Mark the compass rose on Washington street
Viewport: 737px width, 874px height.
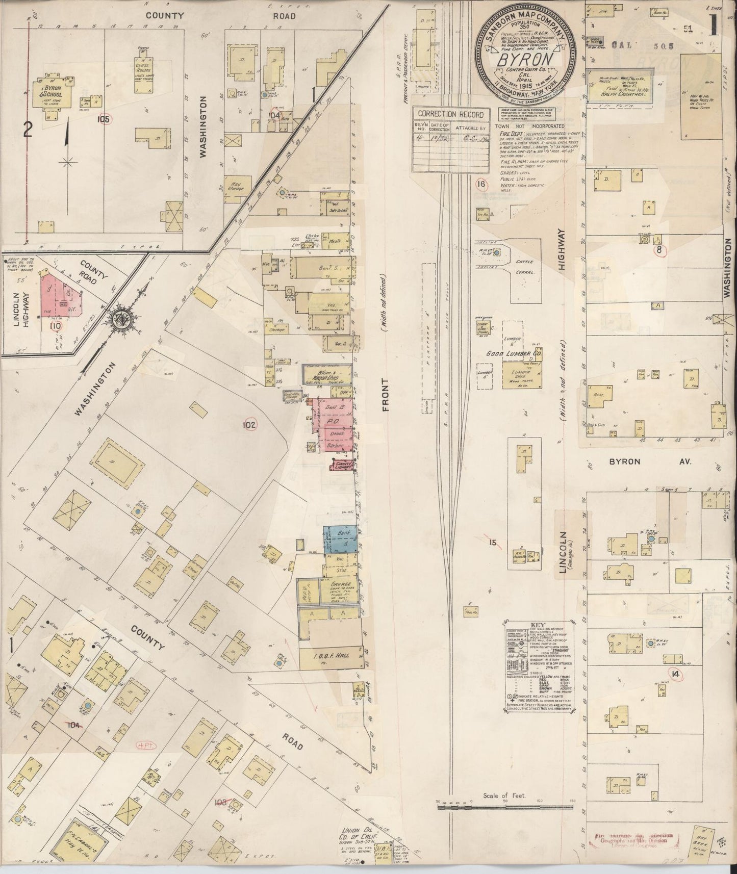tap(123, 320)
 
